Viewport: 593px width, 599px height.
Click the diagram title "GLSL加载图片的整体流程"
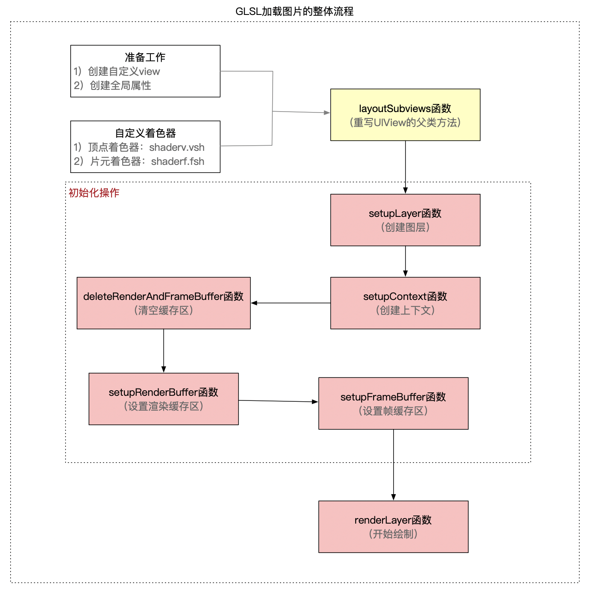pyautogui.click(x=294, y=11)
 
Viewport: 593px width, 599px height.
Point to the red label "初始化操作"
pyautogui.click(x=94, y=193)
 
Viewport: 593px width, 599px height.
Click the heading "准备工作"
pyautogui.click(x=145, y=57)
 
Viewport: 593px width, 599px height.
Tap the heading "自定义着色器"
pyautogui.click(x=145, y=133)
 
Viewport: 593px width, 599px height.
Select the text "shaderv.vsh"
pyautogui.click(x=177, y=147)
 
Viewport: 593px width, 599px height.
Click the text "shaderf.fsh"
pyautogui.click(x=178, y=161)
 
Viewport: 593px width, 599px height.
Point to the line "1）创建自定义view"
pyautogui.click(x=117, y=72)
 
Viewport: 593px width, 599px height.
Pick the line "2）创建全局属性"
pyautogui.click(x=112, y=86)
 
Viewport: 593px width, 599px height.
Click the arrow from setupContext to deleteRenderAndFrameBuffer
pyautogui.click(x=291, y=303)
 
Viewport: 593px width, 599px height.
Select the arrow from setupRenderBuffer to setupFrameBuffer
pyautogui.click(x=278, y=401)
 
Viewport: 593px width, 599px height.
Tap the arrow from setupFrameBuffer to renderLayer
pyautogui.click(x=393, y=464)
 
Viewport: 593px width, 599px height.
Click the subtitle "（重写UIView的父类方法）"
pyautogui.click(x=405, y=123)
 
